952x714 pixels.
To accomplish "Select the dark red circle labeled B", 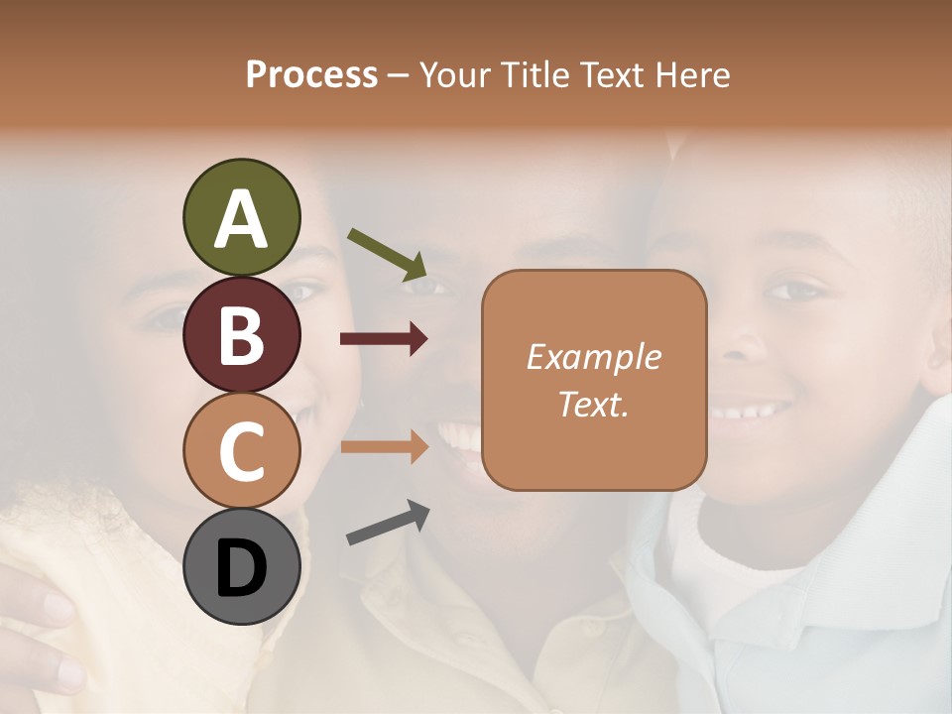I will click(x=241, y=334).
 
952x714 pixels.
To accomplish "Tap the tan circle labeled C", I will click(x=241, y=451).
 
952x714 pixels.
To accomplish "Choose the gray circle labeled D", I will click(x=241, y=567).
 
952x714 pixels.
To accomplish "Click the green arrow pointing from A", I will click(x=387, y=253).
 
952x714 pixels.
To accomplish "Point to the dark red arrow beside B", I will click(x=384, y=339).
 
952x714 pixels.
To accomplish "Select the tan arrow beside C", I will click(x=384, y=446).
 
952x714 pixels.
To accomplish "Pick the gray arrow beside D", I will click(x=388, y=523).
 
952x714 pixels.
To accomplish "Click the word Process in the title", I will click(x=311, y=75).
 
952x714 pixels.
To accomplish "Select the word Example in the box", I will click(x=593, y=357).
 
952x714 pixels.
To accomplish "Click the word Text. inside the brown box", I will click(x=593, y=404).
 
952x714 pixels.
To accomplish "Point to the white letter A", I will click(x=241, y=219).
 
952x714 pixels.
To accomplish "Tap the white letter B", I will click(x=241, y=335).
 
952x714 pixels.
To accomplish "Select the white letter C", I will click(x=241, y=452).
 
